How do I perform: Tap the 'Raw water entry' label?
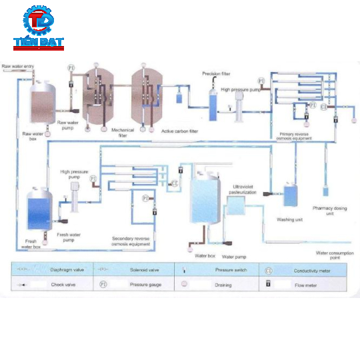[18, 66]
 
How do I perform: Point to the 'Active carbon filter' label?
[179, 131]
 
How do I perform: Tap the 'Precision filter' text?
[216, 73]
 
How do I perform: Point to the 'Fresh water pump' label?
[71, 237]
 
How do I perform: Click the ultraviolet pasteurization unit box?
[235, 207]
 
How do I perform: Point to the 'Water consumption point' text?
[333, 255]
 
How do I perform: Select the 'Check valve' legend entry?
[43, 284]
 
